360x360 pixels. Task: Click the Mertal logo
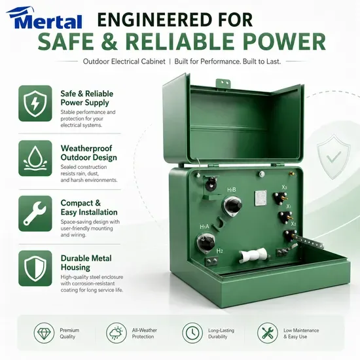pyautogui.click(x=45, y=18)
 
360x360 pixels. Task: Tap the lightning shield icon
pyautogui.click(x=35, y=103)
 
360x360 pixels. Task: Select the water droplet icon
pyautogui.click(x=35, y=158)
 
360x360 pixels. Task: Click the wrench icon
pyautogui.click(x=35, y=213)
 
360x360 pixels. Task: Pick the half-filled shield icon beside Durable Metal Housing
pyautogui.click(x=35, y=268)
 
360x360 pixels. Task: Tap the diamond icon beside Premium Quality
pyautogui.click(x=44, y=333)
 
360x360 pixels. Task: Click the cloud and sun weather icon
pyautogui.click(x=117, y=333)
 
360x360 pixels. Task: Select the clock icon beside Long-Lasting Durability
pyautogui.click(x=192, y=333)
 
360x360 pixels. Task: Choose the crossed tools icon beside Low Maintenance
pyautogui.click(x=268, y=333)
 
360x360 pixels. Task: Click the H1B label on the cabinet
pyautogui.click(x=232, y=190)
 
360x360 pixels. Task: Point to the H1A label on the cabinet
pyautogui.click(x=204, y=227)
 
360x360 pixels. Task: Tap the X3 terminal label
pyautogui.click(x=284, y=187)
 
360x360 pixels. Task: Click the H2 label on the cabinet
pyautogui.click(x=219, y=251)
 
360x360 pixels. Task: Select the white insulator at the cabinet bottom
pyautogui.click(x=253, y=255)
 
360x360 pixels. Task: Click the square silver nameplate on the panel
pyautogui.click(x=261, y=198)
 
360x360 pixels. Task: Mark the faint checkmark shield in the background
pyautogui.click(x=334, y=157)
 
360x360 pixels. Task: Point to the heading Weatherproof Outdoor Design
pyautogui.click(x=88, y=153)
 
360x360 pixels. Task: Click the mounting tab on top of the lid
pyautogui.click(x=223, y=82)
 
